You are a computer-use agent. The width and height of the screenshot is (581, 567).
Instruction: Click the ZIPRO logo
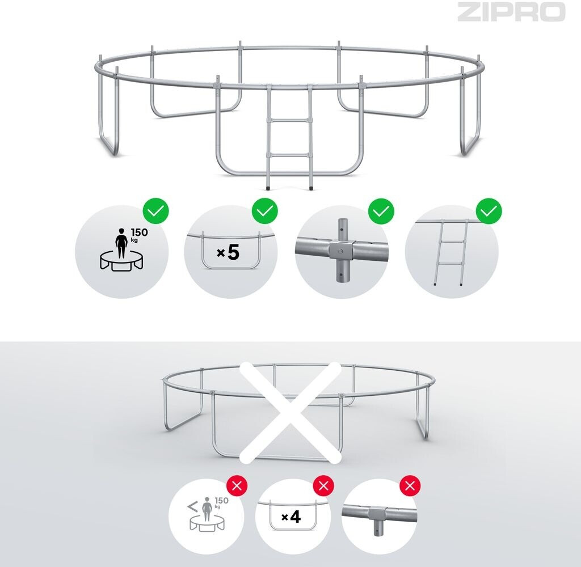[x=511, y=12]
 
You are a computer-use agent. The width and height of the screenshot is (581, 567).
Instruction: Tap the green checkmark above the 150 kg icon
[x=156, y=211]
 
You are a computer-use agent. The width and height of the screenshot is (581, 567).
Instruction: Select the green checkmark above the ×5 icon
[x=265, y=211]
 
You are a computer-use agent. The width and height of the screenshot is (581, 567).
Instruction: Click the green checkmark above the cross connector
[x=381, y=211]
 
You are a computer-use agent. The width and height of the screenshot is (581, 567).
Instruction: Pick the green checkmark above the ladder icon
[x=489, y=211]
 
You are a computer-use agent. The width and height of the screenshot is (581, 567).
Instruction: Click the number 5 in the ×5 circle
[x=233, y=252]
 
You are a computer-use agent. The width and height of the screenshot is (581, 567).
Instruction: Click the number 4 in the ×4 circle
[x=295, y=517]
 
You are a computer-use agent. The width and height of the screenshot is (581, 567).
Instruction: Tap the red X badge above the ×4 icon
[x=323, y=485]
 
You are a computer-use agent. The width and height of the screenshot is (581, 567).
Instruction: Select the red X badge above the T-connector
[x=410, y=485]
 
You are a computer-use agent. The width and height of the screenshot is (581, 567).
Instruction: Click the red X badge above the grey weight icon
[x=237, y=485]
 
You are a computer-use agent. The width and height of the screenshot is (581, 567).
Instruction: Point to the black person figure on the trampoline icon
[x=121, y=243]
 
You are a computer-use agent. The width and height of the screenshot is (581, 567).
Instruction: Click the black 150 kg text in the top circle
[x=139, y=234]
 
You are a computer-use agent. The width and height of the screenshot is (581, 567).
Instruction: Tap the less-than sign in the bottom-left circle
[x=193, y=507]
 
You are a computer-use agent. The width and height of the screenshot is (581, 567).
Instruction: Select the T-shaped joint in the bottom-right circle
[x=377, y=516]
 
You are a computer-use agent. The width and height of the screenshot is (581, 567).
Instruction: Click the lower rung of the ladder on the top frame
[x=289, y=155]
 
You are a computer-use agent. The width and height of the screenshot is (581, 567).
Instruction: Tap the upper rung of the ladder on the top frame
[x=289, y=120]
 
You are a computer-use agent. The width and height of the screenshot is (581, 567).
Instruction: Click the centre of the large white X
[x=290, y=412]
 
